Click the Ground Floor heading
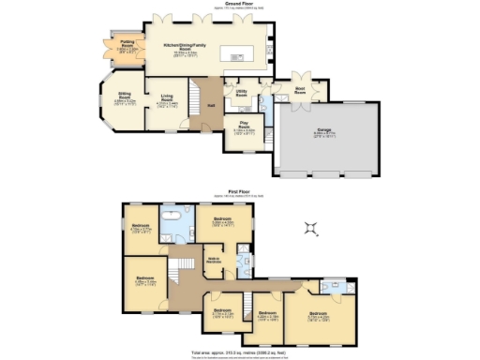(240, 4)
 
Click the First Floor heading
(240, 190)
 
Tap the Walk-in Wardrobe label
(215, 259)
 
